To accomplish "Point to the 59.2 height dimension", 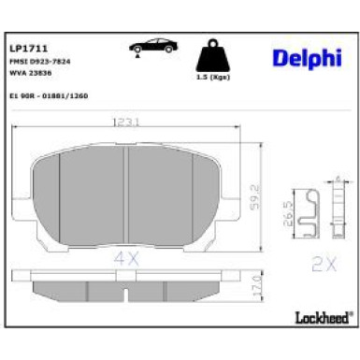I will (x=252, y=199).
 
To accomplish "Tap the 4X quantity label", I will (x=126, y=256).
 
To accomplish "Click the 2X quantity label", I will (x=324, y=266).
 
